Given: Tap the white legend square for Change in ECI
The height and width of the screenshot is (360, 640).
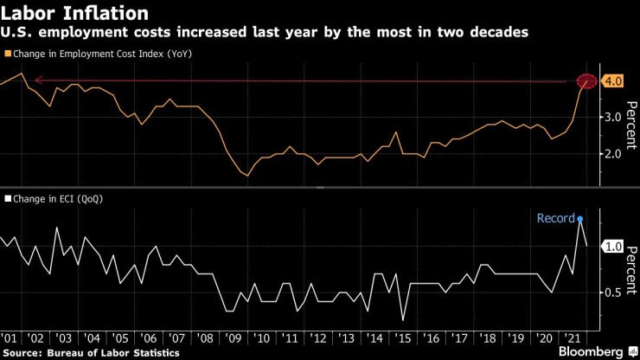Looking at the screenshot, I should [7, 199].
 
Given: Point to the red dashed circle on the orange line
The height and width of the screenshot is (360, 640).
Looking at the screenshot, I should [587, 82].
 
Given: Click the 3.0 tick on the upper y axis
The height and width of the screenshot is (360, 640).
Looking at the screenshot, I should [612, 117].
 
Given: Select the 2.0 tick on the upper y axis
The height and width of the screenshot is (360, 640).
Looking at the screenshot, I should [612, 154].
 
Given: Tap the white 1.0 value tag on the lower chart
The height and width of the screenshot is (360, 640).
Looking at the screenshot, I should [613, 247].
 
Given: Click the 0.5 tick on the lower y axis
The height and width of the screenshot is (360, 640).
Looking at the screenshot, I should [612, 292].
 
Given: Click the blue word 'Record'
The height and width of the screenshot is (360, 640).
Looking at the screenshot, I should [554, 218].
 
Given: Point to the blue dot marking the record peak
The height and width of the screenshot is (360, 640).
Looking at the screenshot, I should [579, 220].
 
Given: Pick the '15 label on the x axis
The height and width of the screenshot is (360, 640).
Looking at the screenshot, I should [401, 339].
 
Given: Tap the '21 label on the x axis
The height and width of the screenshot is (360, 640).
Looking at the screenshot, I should [572, 339].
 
